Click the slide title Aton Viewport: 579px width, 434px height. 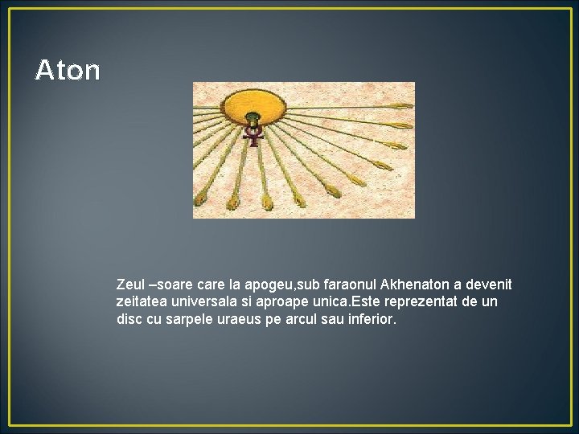click(x=68, y=71)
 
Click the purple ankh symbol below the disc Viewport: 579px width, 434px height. click(x=254, y=136)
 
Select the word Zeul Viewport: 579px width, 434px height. click(x=131, y=285)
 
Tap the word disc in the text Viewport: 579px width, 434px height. click(x=129, y=319)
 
